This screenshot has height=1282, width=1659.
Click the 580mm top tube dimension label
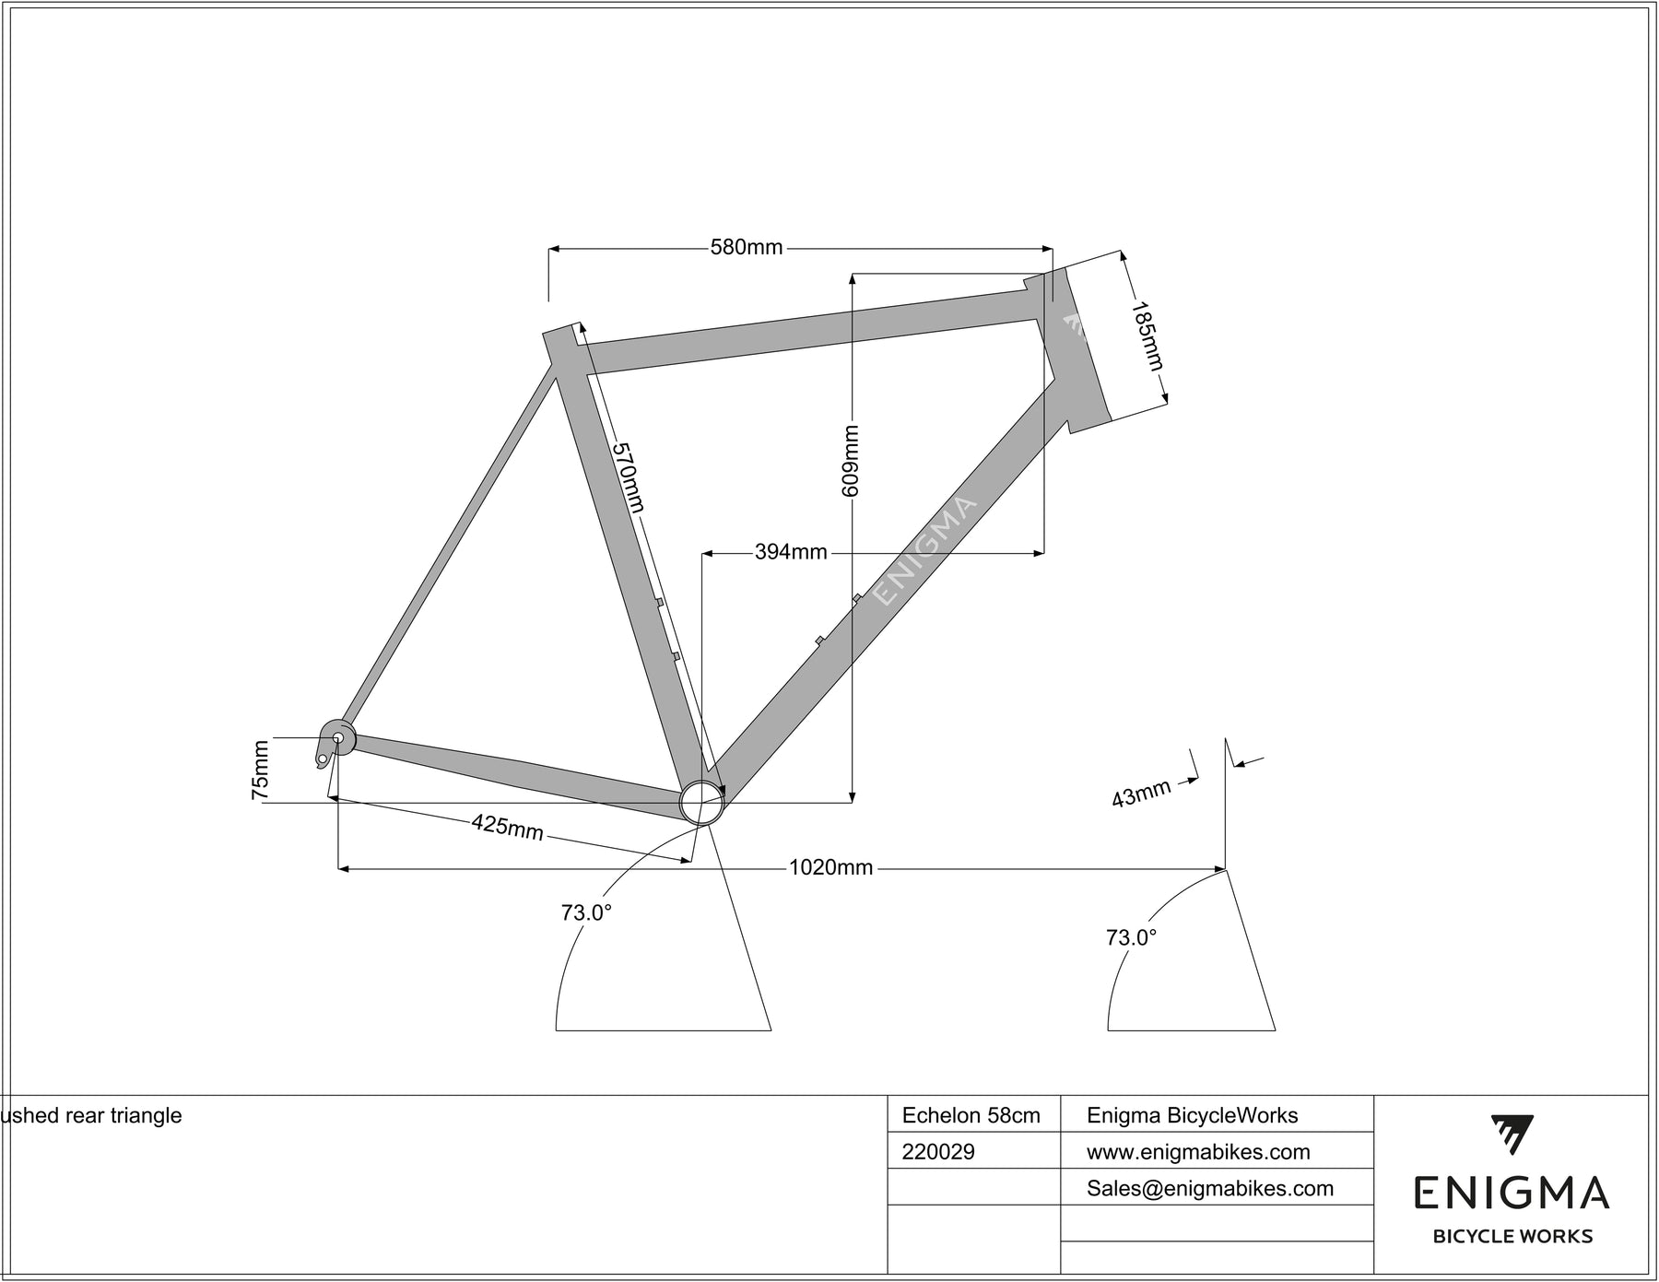(746, 247)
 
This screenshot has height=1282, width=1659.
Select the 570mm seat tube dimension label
(629, 477)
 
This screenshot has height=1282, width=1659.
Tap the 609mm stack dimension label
(851, 460)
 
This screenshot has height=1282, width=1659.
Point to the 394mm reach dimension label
(791, 552)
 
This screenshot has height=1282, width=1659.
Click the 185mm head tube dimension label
(1147, 336)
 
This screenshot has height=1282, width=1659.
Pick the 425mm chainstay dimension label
(508, 827)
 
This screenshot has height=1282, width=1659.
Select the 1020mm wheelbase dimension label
(830, 867)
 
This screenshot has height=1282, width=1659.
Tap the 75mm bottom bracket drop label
(261, 770)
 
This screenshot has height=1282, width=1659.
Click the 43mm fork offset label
(1140, 794)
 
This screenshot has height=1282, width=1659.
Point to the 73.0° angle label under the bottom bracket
(586, 912)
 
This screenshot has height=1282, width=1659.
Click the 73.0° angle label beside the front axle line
(1131, 937)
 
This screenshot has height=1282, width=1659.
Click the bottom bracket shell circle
(701, 803)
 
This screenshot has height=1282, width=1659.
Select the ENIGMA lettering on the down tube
(924, 551)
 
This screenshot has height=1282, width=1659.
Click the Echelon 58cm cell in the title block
(971, 1115)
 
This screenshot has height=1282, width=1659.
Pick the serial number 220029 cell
(938, 1152)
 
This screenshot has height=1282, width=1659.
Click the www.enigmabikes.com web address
(1198, 1152)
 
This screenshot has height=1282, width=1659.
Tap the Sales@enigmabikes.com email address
(1210, 1189)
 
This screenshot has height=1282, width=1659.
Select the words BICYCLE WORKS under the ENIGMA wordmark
(1512, 1237)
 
